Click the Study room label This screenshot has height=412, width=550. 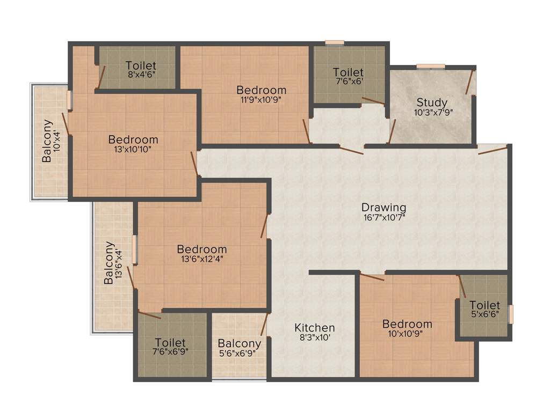pyautogui.click(x=432, y=102)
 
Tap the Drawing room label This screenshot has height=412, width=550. pyautogui.click(x=383, y=207)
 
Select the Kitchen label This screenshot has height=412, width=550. pyautogui.click(x=315, y=328)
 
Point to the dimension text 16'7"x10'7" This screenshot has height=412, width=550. pyautogui.click(x=383, y=217)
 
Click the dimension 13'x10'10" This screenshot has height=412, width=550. pyautogui.click(x=133, y=150)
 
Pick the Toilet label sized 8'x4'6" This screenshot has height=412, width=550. pyautogui.click(x=141, y=66)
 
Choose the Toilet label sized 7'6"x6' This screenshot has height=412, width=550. pyautogui.click(x=348, y=72)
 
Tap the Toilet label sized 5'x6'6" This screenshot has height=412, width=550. pyautogui.click(x=484, y=305)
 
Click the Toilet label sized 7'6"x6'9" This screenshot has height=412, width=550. pyautogui.click(x=170, y=342)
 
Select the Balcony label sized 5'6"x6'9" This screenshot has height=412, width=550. pyautogui.click(x=240, y=343)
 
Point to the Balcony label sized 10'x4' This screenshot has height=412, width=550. pyautogui.click(x=48, y=141)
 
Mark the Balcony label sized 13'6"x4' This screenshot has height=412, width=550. pyautogui.click(x=109, y=263)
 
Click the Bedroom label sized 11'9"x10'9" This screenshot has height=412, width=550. pyautogui.click(x=262, y=90)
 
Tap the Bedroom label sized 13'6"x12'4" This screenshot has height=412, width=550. pyautogui.click(x=202, y=249)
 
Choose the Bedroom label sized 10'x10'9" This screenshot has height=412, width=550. pyautogui.click(x=407, y=324)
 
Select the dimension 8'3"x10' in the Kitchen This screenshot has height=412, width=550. pyautogui.click(x=315, y=338)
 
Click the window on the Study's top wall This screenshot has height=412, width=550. pyautogui.click(x=431, y=67)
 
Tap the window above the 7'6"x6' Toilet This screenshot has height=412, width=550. pyautogui.click(x=335, y=42)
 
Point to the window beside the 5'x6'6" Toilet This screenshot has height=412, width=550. pyautogui.click(x=511, y=314)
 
